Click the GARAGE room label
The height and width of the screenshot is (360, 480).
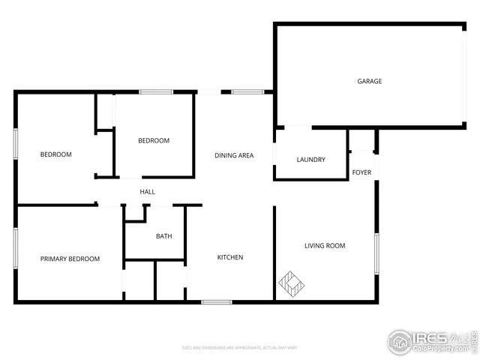click(369, 81)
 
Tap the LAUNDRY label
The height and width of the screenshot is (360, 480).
click(310, 160)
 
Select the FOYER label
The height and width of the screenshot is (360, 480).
click(361, 173)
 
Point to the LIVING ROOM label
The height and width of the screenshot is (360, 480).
click(325, 246)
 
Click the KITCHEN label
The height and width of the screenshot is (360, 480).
click(230, 257)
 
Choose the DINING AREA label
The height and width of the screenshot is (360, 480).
click(234, 156)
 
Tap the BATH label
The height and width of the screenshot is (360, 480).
click(163, 236)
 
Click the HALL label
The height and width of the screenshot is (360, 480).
click(148, 192)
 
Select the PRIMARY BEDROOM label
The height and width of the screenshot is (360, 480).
click(70, 259)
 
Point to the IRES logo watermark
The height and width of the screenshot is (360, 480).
click(431, 341)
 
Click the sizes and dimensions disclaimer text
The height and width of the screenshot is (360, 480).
click(240, 347)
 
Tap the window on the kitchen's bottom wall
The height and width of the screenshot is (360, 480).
click(216, 302)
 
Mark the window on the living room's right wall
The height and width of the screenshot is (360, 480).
click(376, 253)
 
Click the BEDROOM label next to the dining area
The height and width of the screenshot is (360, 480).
click(154, 140)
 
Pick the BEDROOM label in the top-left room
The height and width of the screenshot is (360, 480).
click(55, 154)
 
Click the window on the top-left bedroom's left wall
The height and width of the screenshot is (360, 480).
click(15, 143)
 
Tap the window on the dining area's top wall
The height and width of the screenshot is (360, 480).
click(247, 92)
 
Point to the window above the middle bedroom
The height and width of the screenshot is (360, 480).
click(157, 92)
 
